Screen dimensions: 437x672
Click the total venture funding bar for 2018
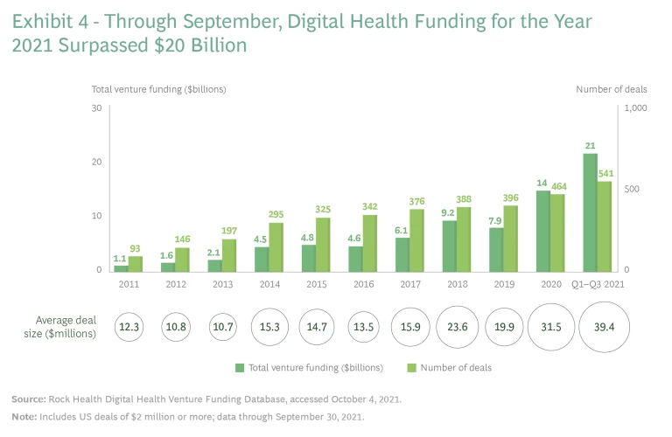[x=449, y=246]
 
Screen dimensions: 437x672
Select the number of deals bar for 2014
[x=276, y=246]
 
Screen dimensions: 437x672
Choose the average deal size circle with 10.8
[x=176, y=326]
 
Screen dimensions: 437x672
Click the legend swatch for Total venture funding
[x=239, y=367]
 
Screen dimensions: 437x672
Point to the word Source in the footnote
[x=29, y=399]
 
